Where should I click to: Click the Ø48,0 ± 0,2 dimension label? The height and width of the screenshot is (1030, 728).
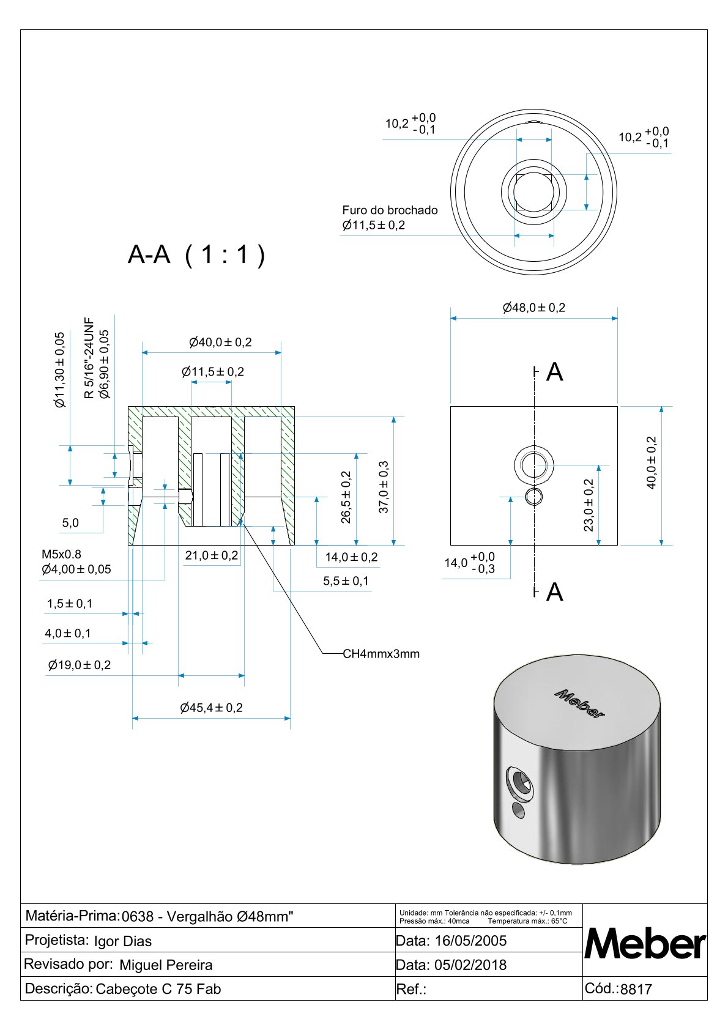click(534, 308)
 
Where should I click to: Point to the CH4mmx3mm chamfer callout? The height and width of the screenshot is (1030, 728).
click(381, 654)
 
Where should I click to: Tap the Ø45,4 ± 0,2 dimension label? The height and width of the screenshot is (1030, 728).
click(211, 708)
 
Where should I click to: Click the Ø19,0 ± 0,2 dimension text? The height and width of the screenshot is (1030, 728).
click(80, 665)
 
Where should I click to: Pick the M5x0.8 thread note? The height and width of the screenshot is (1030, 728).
click(61, 554)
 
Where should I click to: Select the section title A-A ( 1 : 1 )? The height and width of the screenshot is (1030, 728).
click(196, 254)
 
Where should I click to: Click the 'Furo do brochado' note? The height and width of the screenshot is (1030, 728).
click(390, 210)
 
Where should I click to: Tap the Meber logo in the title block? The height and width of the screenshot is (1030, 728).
click(645, 944)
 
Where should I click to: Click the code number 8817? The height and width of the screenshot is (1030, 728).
click(636, 989)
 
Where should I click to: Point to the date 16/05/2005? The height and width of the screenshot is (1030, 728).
click(470, 941)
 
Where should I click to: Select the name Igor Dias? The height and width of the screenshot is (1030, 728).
click(122, 941)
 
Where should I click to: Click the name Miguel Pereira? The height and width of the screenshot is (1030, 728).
click(166, 965)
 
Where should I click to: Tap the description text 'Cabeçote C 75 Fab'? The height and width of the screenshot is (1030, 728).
click(158, 989)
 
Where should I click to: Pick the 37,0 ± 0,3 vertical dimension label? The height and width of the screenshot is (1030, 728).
click(384, 487)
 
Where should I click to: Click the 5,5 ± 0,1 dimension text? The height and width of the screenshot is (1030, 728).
click(346, 581)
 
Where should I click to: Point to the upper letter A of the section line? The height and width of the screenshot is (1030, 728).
click(554, 372)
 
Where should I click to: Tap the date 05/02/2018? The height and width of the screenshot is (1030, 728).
click(470, 965)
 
